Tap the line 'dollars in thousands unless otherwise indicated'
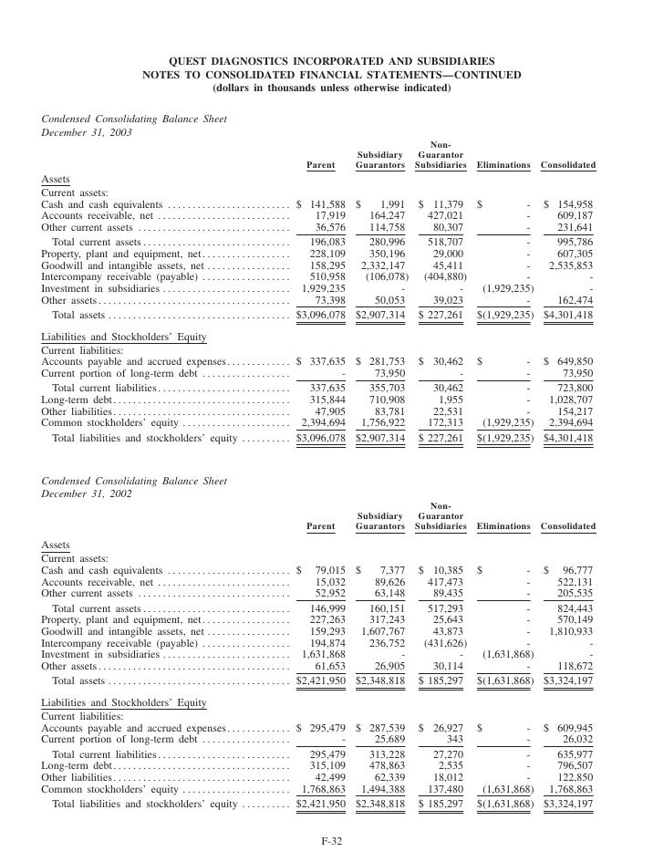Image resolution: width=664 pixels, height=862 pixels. coord(331,88)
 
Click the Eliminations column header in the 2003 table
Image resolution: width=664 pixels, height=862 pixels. coord(503,165)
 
